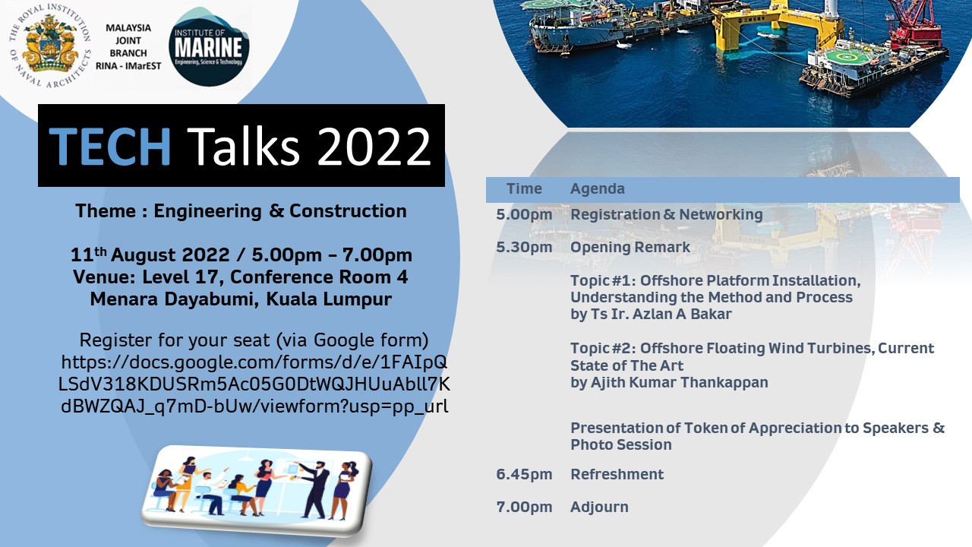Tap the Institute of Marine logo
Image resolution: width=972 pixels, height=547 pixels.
click(x=209, y=47)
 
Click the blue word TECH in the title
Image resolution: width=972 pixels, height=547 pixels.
click(x=110, y=146)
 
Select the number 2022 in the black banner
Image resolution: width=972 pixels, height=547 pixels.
click(x=374, y=147)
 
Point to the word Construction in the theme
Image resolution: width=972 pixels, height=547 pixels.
click(x=348, y=211)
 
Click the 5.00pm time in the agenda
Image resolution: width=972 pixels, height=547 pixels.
click(x=524, y=214)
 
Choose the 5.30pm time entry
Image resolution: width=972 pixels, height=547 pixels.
click(x=524, y=248)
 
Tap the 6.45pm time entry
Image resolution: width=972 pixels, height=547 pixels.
click(x=524, y=475)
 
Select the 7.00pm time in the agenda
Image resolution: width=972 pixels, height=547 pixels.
click(x=524, y=507)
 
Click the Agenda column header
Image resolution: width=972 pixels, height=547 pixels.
click(x=598, y=189)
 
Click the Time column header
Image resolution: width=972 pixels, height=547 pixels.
click(x=524, y=189)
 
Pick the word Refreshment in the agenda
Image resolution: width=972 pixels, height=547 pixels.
click(x=617, y=475)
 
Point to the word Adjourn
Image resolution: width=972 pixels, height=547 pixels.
click(x=599, y=507)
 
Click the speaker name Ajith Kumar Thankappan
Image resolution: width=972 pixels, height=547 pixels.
click(x=680, y=382)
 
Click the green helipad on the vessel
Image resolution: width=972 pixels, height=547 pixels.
click(x=844, y=56)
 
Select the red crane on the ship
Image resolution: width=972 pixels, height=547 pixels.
click(x=916, y=22)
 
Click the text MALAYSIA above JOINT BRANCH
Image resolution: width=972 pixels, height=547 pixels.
click(x=128, y=28)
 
